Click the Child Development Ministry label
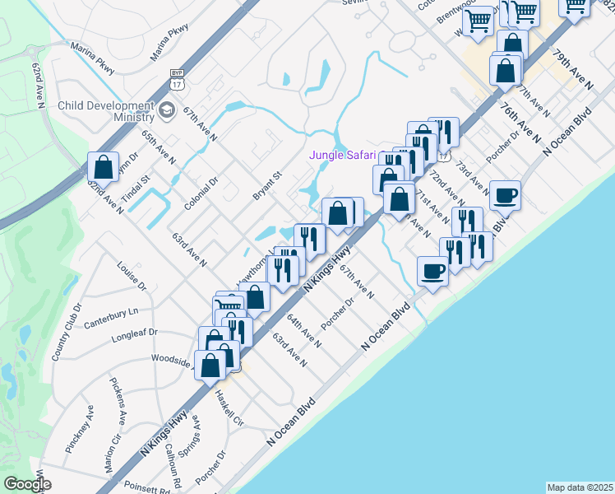coord(106,113)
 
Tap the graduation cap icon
coord(167,110)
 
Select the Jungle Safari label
coord(342,155)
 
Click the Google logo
coord(27,484)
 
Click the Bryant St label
coord(267,186)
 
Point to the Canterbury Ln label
coord(111,315)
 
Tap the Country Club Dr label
coord(67,332)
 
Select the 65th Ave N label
coord(158,146)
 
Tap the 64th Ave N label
coord(303,329)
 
